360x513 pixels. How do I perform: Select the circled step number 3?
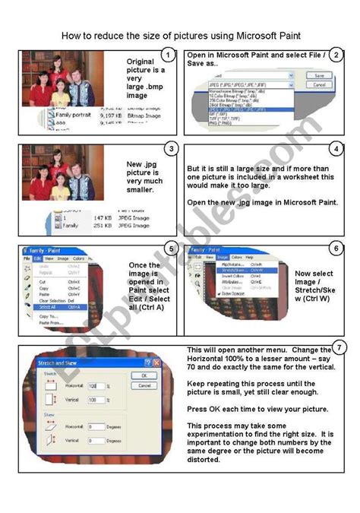click(173, 148)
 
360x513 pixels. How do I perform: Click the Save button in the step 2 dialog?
click(319, 76)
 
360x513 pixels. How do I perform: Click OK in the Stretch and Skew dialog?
click(144, 375)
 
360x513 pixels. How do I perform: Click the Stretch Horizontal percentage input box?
click(96, 387)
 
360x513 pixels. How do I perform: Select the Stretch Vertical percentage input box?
click(96, 400)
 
